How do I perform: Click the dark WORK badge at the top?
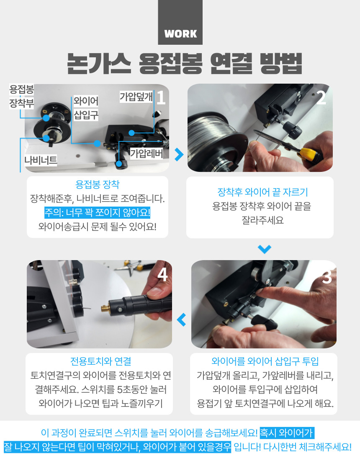180,22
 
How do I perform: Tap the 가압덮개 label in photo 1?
136,97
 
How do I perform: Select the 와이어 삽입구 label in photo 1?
86,107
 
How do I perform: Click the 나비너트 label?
41,160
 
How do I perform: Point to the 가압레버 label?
146,153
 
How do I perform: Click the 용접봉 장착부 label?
21,96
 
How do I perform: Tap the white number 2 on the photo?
321,98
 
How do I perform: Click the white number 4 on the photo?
163,275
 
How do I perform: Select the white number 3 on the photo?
327,277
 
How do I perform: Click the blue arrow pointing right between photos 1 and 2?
179,154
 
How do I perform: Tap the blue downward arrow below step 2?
264,249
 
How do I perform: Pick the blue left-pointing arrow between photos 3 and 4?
182,320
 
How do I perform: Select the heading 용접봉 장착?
98,184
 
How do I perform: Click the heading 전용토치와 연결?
101,361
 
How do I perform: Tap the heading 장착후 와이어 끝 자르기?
262,192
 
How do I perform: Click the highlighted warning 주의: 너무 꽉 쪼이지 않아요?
97,212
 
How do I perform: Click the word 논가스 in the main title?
99,64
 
